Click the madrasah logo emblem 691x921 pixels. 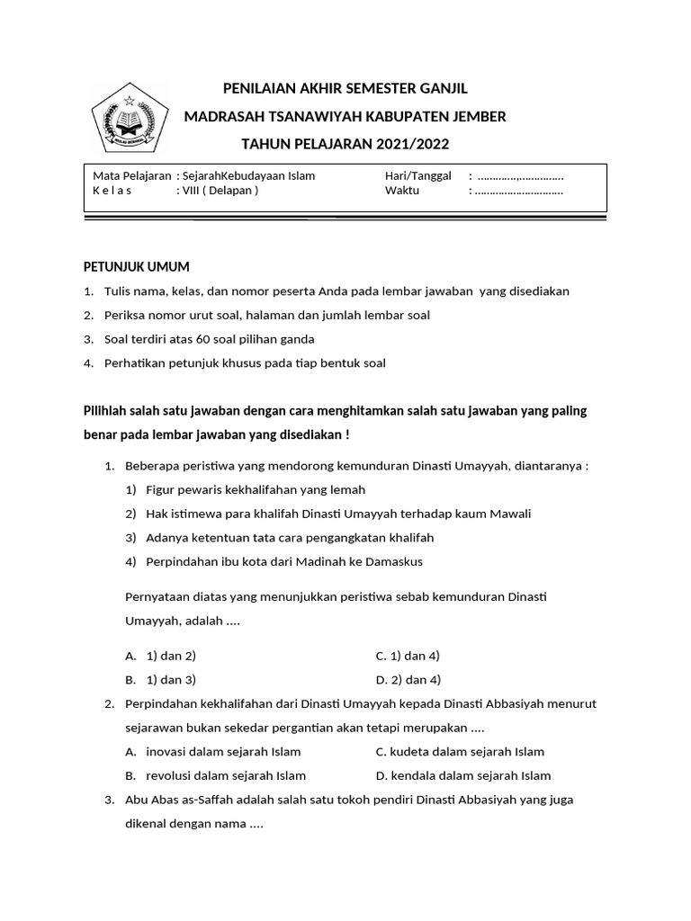pyautogui.click(x=129, y=121)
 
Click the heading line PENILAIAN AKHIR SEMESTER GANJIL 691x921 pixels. pyautogui.click(x=345, y=88)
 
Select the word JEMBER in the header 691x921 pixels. pyautogui.click(x=478, y=116)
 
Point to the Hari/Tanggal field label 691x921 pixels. pyautogui.click(x=417, y=176)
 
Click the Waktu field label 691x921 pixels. pyautogui.click(x=402, y=191)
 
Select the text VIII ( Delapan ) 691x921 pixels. pyautogui.click(x=220, y=191)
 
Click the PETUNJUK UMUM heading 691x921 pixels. pyautogui.click(x=137, y=267)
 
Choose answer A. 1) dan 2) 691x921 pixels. pyautogui.click(x=161, y=656)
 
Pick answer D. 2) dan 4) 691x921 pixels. pyautogui.click(x=408, y=679)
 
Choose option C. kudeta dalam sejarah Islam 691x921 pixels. pyautogui.click(x=460, y=752)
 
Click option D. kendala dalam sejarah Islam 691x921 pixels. pyautogui.click(x=463, y=775)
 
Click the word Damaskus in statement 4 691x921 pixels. pyautogui.click(x=393, y=561)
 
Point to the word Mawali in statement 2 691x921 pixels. pyautogui.click(x=509, y=514)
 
